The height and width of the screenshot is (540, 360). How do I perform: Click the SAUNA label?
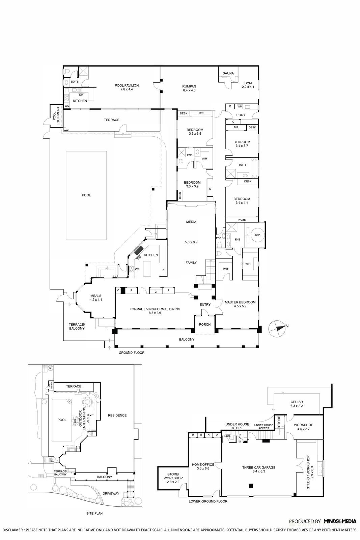(x=228, y=73)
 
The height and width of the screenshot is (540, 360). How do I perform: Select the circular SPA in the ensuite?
(x=257, y=235)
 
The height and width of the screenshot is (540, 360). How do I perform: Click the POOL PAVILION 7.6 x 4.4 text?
(x=127, y=87)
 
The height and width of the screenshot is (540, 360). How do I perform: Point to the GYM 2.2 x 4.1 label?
(x=248, y=85)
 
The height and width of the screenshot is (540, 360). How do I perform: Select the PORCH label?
(x=205, y=324)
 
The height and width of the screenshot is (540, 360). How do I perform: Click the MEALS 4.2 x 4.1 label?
(x=96, y=298)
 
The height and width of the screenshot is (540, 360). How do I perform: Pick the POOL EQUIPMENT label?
(x=56, y=116)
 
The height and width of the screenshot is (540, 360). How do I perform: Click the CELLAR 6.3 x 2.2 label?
(x=297, y=404)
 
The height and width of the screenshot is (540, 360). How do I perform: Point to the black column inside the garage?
(x=251, y=486)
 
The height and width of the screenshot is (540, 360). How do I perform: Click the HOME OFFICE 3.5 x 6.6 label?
(x=203, y=466)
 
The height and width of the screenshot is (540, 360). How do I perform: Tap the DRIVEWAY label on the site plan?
(x=111, y=493)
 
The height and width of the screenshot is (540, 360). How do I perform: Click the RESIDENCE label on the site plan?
(x=117, y=415)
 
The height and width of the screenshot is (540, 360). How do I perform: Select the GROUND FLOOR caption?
(x=131, y=353)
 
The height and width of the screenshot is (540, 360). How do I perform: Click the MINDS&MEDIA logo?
(x=340, y=521)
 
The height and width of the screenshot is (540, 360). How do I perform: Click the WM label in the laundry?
(x=240, y=107)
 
